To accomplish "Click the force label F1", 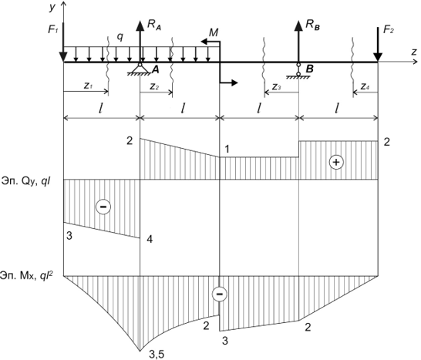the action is click(x=53, y=29).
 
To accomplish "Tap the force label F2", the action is click(x=389, y=29).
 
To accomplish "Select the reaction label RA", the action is click(x=154, y=25).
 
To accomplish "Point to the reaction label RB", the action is click(x=312, y=25).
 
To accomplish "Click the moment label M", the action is click(x=214, y=32).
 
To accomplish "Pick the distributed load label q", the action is click(x=120, y=37).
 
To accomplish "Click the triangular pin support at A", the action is click(x=140, y=69).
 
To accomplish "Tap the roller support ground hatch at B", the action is click(x=298, y=77).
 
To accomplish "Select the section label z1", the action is click(x=88, y=86).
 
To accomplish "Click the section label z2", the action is click(x=154, y=86).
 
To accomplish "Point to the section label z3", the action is click(x=277, y=86).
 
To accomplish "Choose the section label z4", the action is click(x=365, y=86).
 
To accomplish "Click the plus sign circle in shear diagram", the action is click(x=336, y=162).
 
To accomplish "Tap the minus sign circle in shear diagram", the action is click(x=103, y=207).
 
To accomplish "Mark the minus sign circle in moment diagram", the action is click(x=220, y=294).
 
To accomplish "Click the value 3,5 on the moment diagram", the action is click(x=157, y=355).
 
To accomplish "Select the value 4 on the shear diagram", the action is click(x=150, y=239).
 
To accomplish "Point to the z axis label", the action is click(x=414, y=52).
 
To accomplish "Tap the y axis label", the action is click(x=52, y=7).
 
